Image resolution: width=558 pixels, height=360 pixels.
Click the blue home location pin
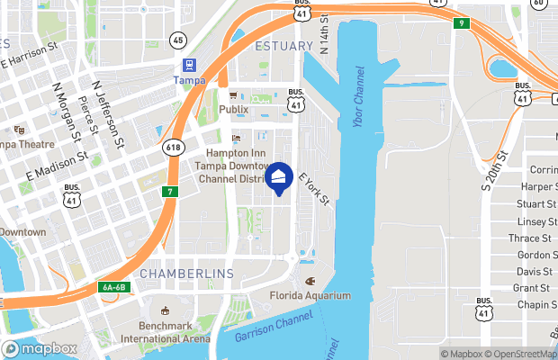(x=281, y=178)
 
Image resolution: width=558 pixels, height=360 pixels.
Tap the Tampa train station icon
(x=190, y=65)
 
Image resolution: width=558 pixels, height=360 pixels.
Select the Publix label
(x=233, y=109)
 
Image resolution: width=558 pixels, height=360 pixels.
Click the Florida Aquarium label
(x=310, y=295)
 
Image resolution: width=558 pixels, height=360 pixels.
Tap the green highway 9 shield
(x=461, y=23)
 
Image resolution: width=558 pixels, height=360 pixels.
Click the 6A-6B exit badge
(x=114, y=287)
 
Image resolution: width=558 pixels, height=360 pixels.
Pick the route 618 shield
(x=174, y=146)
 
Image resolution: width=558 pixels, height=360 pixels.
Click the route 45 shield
(x=177, y=40)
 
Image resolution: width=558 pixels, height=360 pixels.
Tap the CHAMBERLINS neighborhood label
(x=187, y=273)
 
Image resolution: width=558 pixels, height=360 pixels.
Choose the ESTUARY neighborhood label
(x=284, y=45)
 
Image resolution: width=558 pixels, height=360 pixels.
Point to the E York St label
(x=315, y=190)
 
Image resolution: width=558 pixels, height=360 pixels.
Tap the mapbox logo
(x=40, y=349)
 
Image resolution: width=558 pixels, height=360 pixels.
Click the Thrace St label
(x=530, y=238)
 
